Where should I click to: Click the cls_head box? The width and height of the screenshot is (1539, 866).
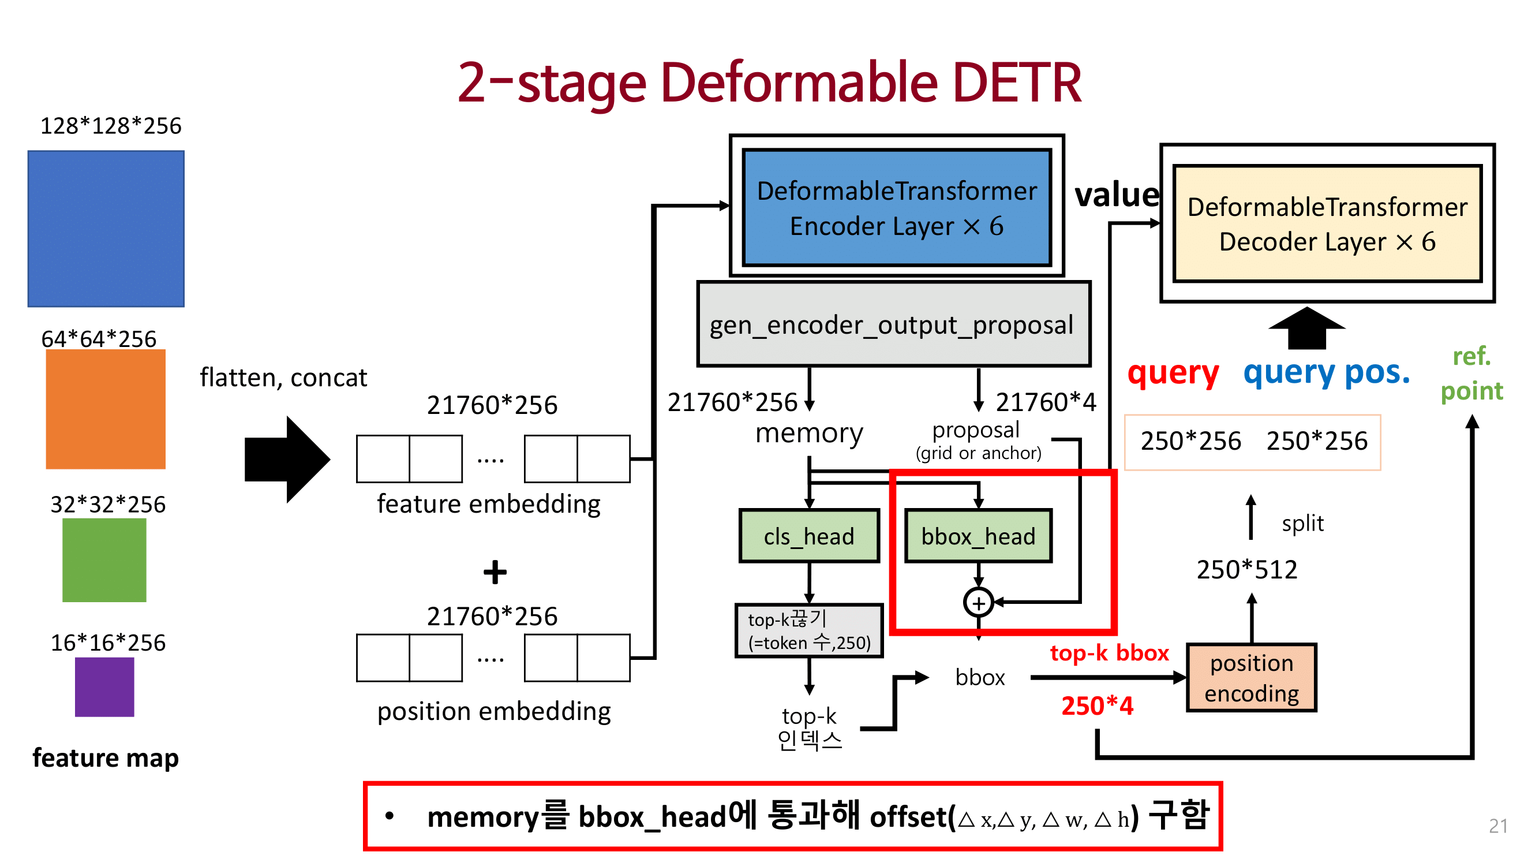coord(809,536)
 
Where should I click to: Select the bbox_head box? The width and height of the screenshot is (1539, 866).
coord(978,536)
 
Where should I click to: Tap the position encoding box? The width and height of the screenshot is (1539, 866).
coord(1251,678)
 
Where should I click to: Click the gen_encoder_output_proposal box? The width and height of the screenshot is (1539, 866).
coord(893,324)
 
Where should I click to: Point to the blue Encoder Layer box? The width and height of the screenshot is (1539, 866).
coord(896,207)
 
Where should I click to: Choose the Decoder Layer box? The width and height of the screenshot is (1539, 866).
coord(1327,223)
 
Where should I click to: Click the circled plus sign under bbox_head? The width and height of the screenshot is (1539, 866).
coord(978,603)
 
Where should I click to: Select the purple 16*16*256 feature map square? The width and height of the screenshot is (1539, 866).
coord(104,686)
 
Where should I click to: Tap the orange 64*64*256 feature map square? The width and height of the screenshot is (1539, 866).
coord(106,409)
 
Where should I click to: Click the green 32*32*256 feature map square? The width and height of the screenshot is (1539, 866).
coord(104,560)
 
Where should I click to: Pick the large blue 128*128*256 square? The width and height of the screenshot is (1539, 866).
coord(106,229)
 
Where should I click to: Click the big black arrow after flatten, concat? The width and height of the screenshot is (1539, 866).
coord(287,459)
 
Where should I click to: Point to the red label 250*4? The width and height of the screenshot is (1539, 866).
coord(1097,706)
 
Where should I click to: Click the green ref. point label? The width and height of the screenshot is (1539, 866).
coord(1471,374)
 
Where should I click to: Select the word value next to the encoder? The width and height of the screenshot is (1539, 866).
coord(1117,195)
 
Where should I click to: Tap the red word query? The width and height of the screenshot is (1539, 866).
coord(1172,373)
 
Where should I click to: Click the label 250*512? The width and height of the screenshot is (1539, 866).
coord(1246,569)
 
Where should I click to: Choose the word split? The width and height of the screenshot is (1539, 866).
coord(1302,523)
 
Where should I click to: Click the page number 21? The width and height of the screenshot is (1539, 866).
coord(1497,826)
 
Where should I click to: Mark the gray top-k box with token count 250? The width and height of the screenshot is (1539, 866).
coord(809,631)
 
